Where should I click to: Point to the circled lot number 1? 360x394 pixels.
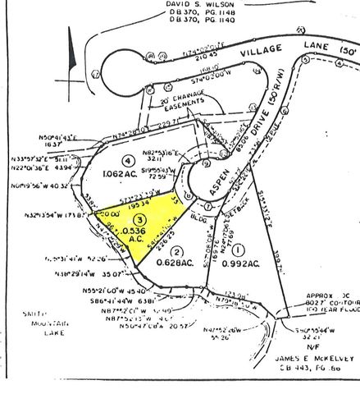pos(238,249)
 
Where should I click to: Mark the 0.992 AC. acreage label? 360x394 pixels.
pos(239,264)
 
